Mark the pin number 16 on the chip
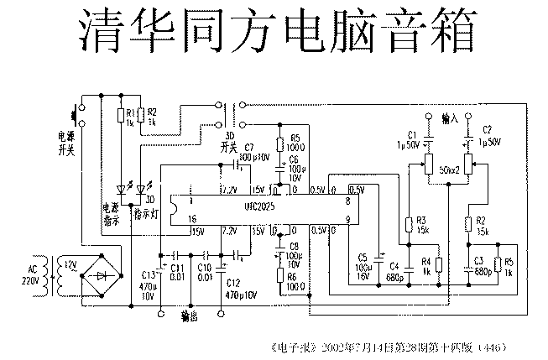point(191,218)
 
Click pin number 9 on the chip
point(347,220)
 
